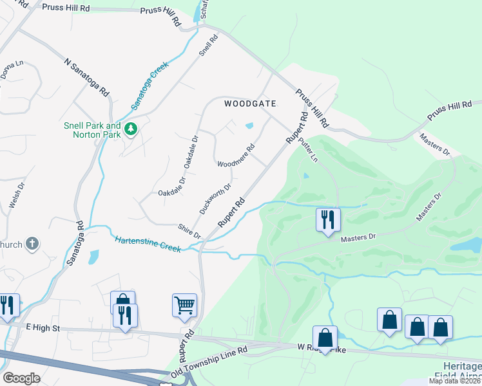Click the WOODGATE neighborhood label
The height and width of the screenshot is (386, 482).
coord(250,104)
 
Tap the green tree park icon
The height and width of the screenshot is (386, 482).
coord(131,129)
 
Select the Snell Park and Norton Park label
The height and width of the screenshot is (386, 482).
coord(92,131)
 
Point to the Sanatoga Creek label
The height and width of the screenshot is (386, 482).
coord(149,85)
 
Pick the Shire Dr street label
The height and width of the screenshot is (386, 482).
coord(189,231)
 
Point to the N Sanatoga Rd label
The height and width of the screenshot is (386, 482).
coord(86,77)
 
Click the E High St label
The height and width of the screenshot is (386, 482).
coord(43,328)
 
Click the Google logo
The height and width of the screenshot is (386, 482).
coord(21,378)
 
